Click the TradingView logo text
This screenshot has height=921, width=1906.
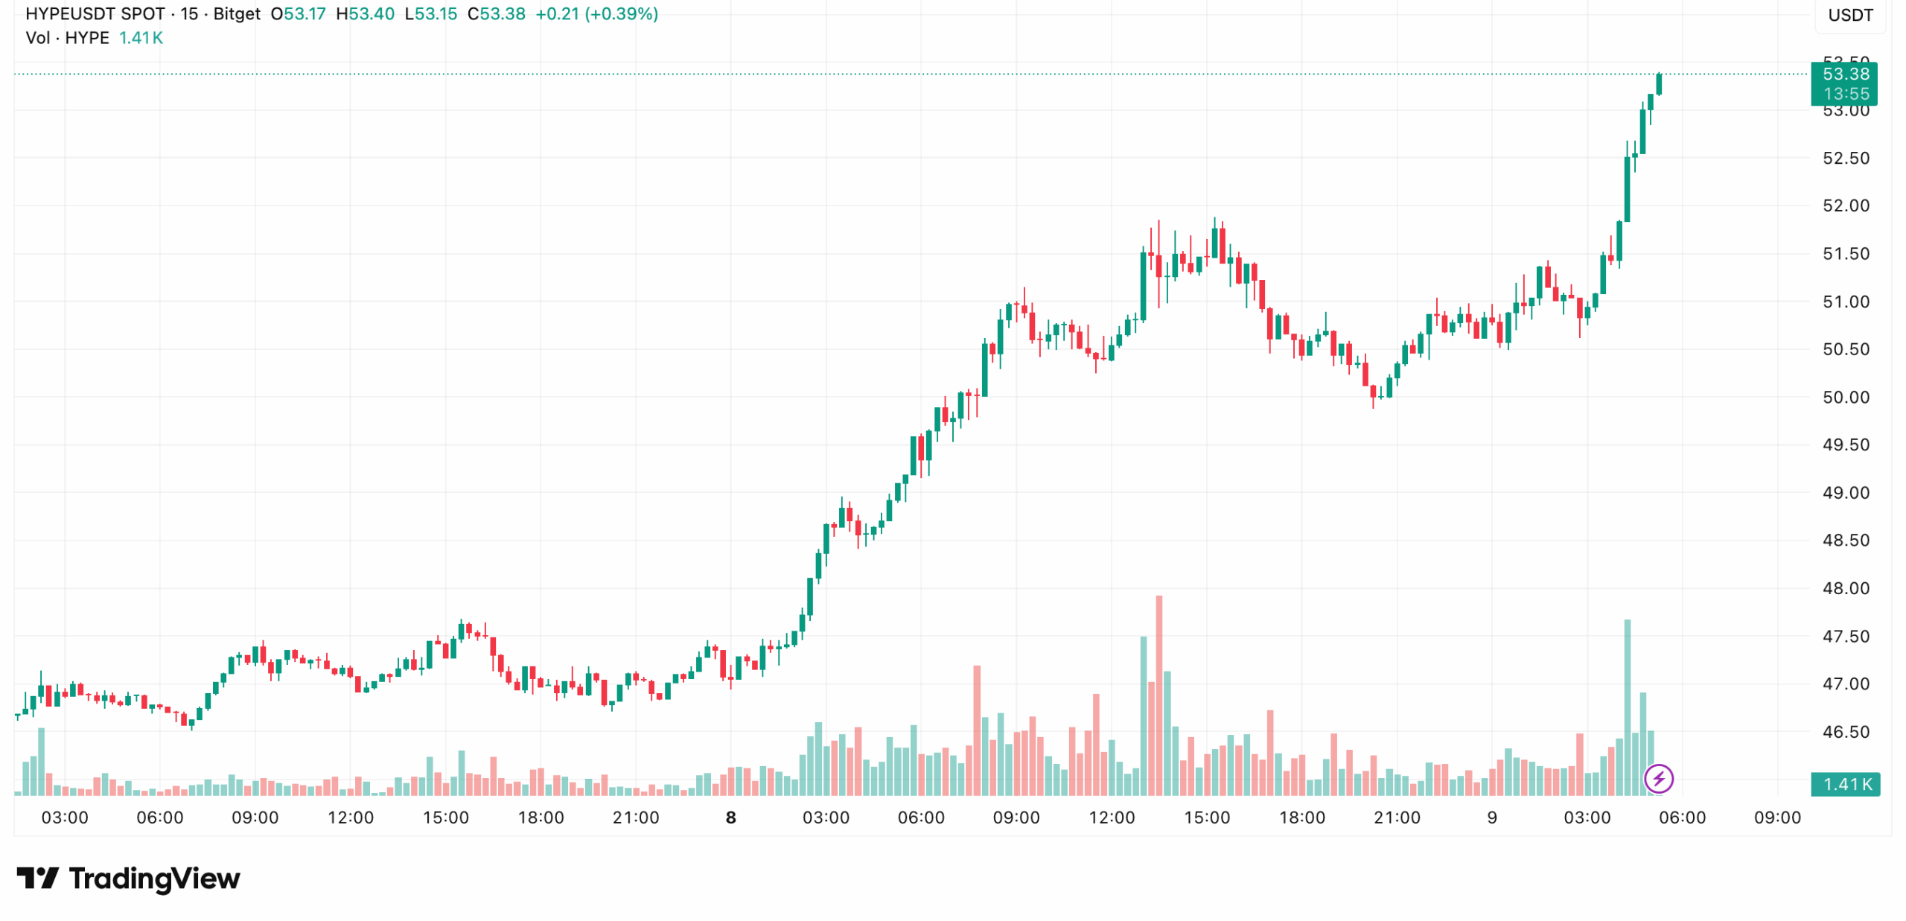153,879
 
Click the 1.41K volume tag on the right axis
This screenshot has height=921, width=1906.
1846,784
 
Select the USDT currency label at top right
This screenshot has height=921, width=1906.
1849,16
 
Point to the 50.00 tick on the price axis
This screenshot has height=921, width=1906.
1845,398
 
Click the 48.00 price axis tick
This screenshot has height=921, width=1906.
1845,588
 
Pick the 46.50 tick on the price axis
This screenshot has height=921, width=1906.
1845,732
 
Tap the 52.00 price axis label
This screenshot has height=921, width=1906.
1845,206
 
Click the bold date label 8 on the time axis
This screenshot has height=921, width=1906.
730,818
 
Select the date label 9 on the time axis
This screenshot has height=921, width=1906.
1491,818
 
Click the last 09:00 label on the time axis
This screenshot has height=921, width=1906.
1776,818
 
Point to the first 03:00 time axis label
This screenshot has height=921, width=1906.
65,818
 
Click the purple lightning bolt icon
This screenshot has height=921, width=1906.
1658,779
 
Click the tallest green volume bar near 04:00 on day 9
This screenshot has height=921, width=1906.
1627,707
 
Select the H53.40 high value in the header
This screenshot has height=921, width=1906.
365,14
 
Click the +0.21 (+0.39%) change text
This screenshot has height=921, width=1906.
596,14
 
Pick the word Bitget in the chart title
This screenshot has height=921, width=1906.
237,14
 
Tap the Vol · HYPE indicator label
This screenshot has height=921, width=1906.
67,38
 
